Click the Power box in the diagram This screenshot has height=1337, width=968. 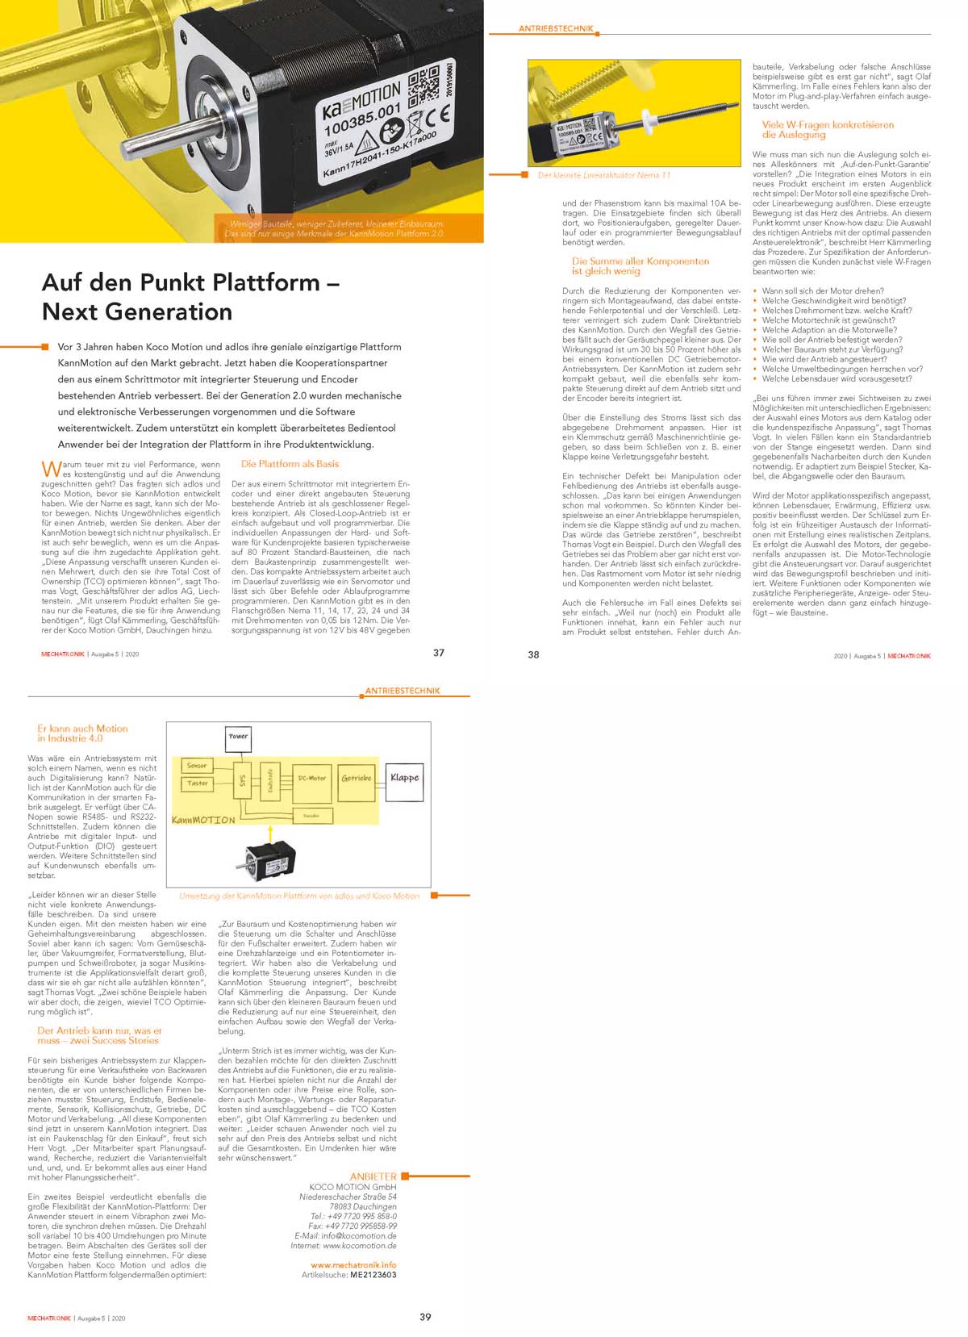coord(238,737)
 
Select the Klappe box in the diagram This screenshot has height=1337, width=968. coord(404,778)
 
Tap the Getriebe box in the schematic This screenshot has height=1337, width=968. coord(356,779)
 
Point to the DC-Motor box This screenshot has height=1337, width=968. coord(311,779)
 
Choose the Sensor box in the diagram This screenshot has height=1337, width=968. coord(197,766)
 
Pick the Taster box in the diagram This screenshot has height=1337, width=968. coord(197,783)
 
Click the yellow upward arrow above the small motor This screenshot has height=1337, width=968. coord(270,834)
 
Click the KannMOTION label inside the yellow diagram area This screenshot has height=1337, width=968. coord(203,820)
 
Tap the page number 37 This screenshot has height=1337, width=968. coord(439,653)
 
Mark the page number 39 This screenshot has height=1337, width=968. coord(425,1317)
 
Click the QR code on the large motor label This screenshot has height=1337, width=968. coord(423,86)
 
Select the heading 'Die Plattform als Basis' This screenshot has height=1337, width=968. coord(290,464)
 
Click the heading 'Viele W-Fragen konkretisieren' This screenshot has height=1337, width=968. coord(828,125)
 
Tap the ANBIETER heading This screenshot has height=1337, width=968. coord(373,1176)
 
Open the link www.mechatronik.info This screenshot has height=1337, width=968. coord(353,1265)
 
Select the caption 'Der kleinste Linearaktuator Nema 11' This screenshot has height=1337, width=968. coord(603,175)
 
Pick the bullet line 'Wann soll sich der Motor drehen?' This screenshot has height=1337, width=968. coord(822,291)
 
